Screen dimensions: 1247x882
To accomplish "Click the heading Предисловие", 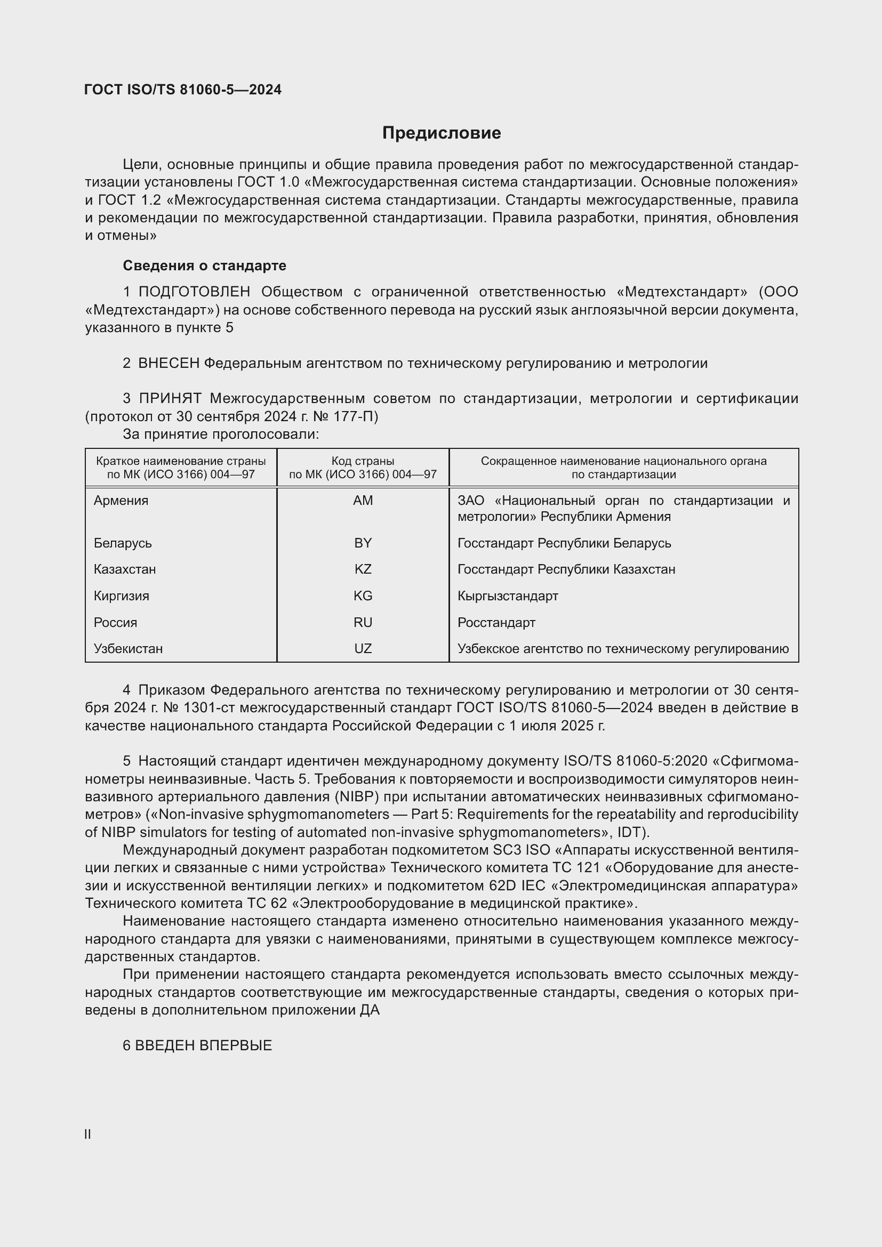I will coord(441,133).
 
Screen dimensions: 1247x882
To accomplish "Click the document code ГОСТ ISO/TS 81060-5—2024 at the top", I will coord(183,90).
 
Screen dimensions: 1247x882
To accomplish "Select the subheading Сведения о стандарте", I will coord(204,266).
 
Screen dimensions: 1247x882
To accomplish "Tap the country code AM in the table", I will coord(363,500).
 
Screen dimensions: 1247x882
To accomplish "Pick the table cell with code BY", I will coord(363,543).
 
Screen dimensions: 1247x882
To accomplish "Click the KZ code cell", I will coord(363,569).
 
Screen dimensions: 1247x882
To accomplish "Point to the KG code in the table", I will coord(363,596).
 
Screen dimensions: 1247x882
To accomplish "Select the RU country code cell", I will coord(363,622).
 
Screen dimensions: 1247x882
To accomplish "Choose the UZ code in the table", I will coord(363,648).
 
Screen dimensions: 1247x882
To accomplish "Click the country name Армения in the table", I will coord(121,500).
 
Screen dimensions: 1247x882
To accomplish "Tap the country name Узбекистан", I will coord(128,648).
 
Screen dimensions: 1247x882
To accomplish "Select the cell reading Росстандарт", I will coord(496,622).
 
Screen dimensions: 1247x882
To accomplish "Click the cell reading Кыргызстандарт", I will coord(508,596).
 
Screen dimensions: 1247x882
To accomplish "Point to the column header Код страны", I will coord(363,461).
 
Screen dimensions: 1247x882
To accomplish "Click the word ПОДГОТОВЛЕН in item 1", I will coord(195,292).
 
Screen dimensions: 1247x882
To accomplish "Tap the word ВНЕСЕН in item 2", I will coord(169,364).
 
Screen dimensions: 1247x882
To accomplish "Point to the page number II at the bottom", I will coord(88,1135).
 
